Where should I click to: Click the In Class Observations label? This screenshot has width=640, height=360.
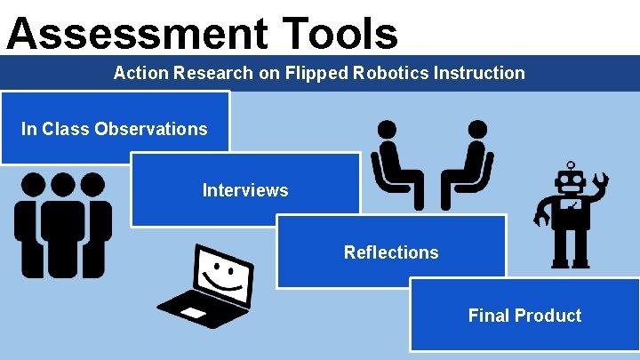pyautogui.click(x=114, y=129)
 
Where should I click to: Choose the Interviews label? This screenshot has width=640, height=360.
pyautogui.click(x=245, y=190)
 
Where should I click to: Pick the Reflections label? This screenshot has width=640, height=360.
pyautogui.click(x=391, y=252)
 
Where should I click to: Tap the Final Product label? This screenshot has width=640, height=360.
pyautogui.click(x=524, y=316)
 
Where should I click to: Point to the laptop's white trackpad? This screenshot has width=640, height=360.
pyautogui.click(x=193, y=313)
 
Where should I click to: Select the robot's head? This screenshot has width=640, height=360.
pyautogui.click(x=569, y=185)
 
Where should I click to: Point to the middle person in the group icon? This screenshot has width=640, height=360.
pyautogui.click(x=63, y=227)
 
